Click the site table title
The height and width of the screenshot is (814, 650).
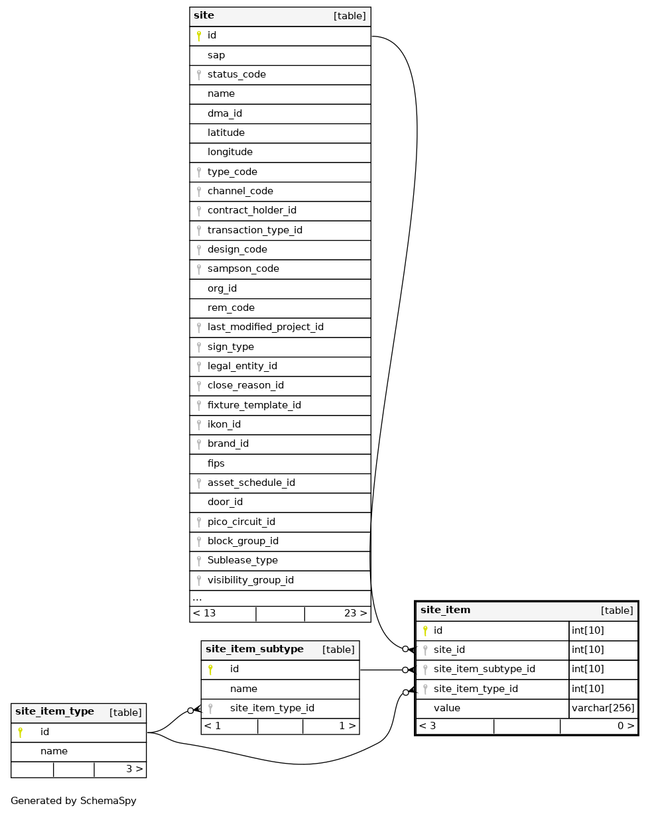point(204,16)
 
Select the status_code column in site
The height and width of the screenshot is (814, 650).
point(236,75)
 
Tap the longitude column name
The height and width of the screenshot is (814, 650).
point(229,152)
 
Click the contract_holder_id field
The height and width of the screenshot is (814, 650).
point(251,211)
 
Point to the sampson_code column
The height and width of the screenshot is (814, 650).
point(243,269)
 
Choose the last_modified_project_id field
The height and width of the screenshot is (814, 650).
point(265,327)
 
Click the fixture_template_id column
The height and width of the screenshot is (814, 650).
point(254,405)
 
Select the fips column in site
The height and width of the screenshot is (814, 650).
point(216,463)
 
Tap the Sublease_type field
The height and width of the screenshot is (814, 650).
point(242,561)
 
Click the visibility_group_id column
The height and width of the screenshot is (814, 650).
point(250,581)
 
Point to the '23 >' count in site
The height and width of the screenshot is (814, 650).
point(355,614)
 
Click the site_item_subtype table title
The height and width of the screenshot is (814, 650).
point(254,650)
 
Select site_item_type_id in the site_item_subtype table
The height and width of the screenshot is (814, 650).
point(272,708)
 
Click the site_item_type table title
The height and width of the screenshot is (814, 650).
point(54,712)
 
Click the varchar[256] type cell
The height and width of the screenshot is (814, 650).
point(603,708)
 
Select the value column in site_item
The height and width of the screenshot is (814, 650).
point(446,708)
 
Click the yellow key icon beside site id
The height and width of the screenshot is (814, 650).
point(198,36)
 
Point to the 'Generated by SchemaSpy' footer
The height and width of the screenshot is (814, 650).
point(73,801)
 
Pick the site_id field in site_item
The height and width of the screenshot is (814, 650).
point(449,650)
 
